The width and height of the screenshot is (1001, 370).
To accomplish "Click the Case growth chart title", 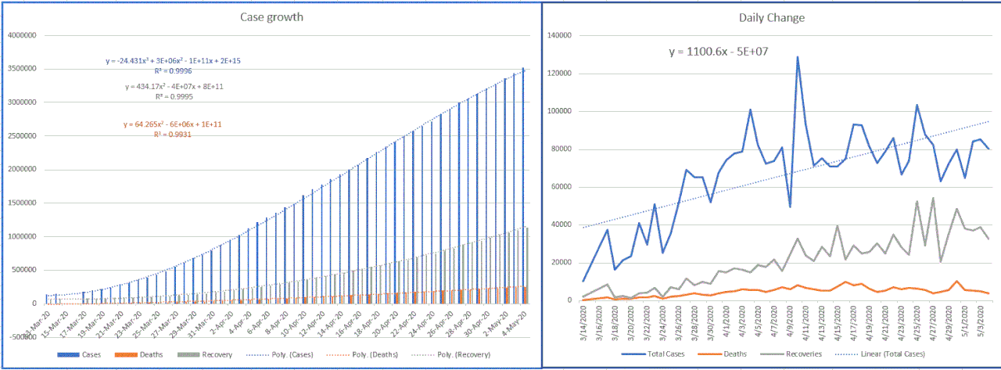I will coord(271,18).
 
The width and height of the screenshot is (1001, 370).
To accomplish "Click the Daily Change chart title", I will coord(772,17).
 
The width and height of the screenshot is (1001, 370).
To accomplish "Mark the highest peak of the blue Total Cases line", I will coord(798,57).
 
